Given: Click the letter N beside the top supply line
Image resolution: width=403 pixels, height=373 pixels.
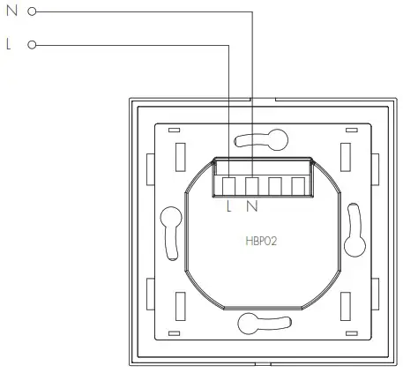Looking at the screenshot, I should [11, 12].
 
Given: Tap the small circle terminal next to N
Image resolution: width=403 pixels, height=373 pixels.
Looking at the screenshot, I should [32, 12].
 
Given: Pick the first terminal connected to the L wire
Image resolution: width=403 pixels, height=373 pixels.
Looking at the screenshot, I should [229, 186].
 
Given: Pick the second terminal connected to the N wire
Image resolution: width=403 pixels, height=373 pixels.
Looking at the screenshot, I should [252, 186].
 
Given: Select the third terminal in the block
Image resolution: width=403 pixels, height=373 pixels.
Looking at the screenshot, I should [275, 186].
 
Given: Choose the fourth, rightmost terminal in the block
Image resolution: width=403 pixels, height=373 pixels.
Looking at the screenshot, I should [298, 186].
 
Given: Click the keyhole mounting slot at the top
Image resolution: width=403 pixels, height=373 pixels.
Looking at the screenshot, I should [265, 138].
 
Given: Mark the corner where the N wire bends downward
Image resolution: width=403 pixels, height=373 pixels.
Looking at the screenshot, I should [252, 12].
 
